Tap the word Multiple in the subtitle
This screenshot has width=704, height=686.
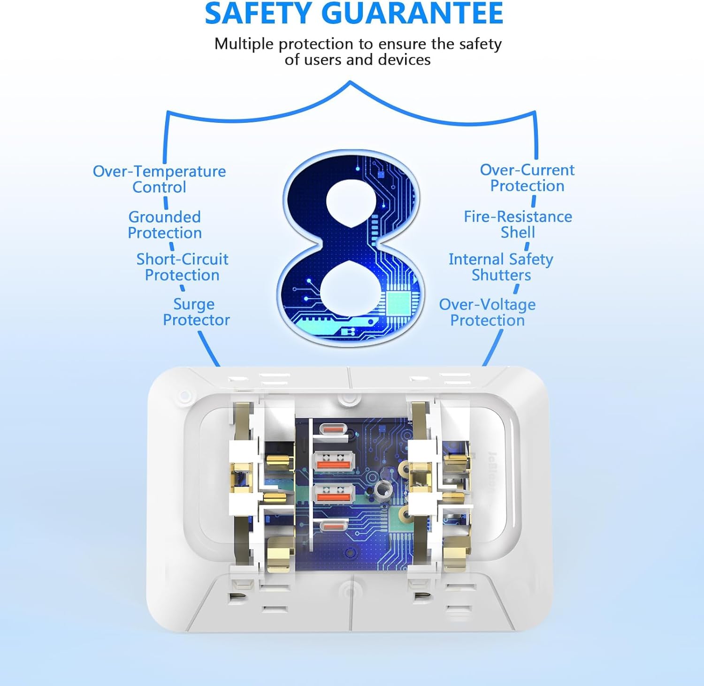tap(244, 44)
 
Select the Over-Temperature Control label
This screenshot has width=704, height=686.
tap(159, 179)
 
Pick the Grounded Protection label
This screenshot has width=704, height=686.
tap(165, 225)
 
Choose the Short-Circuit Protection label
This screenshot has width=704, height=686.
tap(182, 267)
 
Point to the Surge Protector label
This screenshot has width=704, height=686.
tap(196, 312)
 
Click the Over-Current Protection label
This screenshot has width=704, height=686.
tap(527, 178)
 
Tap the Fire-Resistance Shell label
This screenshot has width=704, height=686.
tap(518, 224)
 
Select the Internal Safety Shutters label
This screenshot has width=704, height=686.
tap(501, 267)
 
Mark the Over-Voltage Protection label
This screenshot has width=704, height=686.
tap(487, 312)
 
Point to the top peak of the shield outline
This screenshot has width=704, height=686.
tap(350, 83)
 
